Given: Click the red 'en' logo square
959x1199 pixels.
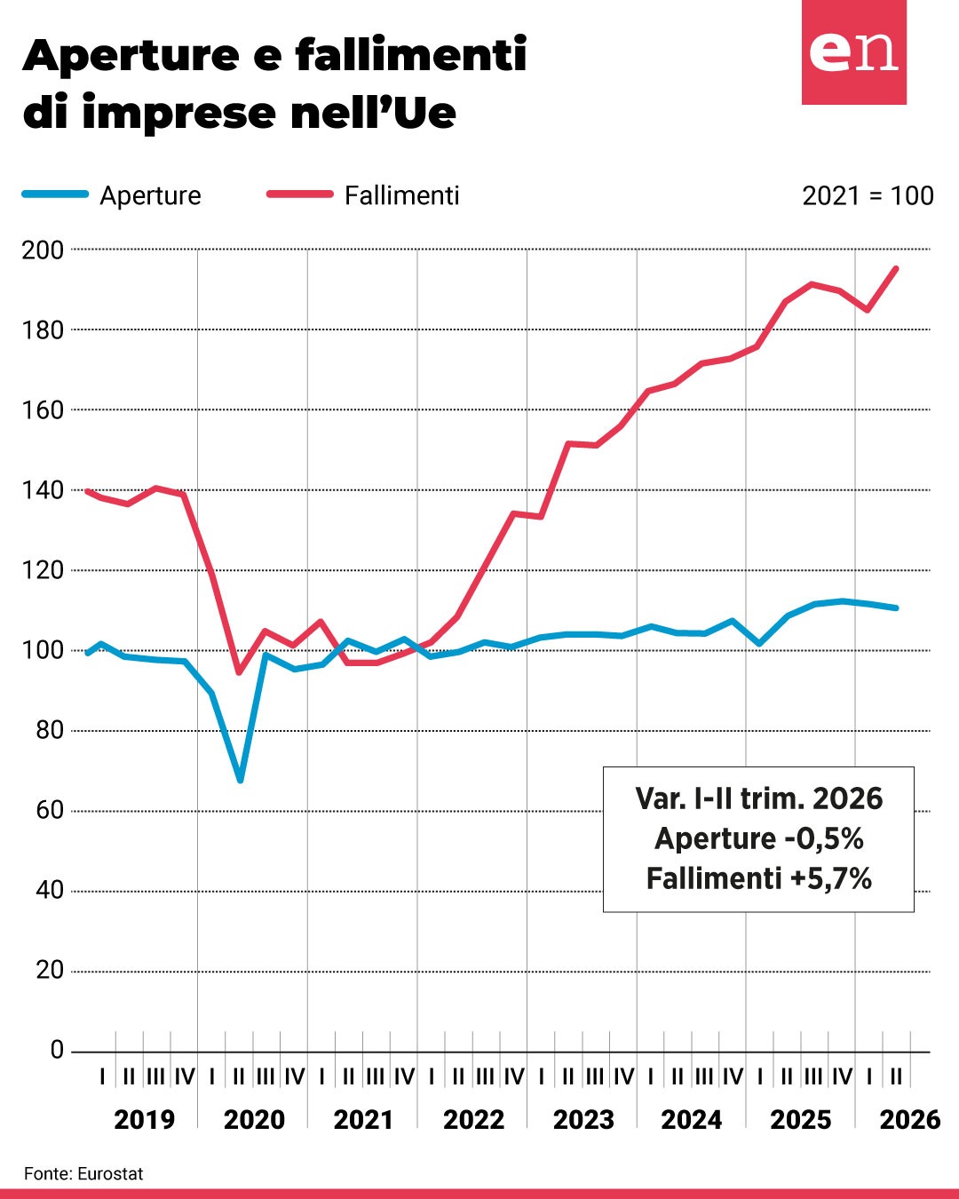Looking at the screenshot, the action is point(853,52).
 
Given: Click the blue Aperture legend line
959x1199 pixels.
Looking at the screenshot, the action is point(55,194).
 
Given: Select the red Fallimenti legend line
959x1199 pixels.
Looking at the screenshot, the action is point(300,194).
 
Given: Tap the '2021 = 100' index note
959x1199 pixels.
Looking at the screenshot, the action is point(868,195).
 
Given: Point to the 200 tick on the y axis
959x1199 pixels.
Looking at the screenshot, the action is point(43,250).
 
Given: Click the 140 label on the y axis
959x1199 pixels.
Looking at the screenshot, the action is point(43,490).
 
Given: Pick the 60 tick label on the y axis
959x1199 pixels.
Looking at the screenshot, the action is point(50,810).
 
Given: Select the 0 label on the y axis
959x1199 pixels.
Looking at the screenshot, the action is point(58,1051).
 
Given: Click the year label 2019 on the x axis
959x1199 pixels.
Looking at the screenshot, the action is point(144,1120).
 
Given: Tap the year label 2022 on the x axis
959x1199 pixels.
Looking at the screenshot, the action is point(473,1120).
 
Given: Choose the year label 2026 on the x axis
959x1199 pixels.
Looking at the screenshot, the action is point(910,1120).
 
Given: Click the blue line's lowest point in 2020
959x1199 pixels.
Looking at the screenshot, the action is point(240,780).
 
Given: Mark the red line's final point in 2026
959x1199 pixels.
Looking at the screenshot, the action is point(895,268).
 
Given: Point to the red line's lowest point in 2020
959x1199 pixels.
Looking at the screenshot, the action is point(239,672).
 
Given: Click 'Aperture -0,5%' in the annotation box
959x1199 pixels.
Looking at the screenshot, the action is point(759,838).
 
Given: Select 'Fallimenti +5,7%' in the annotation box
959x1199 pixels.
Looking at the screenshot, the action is point(759,878).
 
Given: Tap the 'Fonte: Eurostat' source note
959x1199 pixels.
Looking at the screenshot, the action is point(83,1174).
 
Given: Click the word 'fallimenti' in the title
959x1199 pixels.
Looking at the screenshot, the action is point(410,55).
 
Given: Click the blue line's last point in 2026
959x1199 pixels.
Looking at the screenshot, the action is point(895,607).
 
